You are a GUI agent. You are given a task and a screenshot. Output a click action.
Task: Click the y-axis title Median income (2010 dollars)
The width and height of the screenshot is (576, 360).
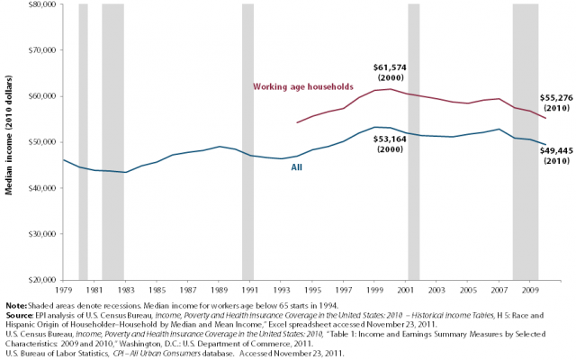[9, 142]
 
